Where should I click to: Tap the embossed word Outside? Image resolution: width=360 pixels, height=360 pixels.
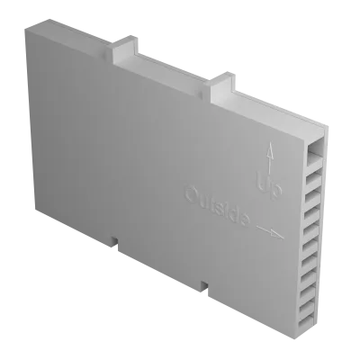point(217,206)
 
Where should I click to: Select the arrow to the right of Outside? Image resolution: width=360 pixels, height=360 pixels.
point(270,232)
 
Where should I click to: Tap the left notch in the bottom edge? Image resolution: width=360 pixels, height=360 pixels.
point(114,242)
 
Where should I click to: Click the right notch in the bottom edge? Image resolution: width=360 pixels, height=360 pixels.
point(204,286)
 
